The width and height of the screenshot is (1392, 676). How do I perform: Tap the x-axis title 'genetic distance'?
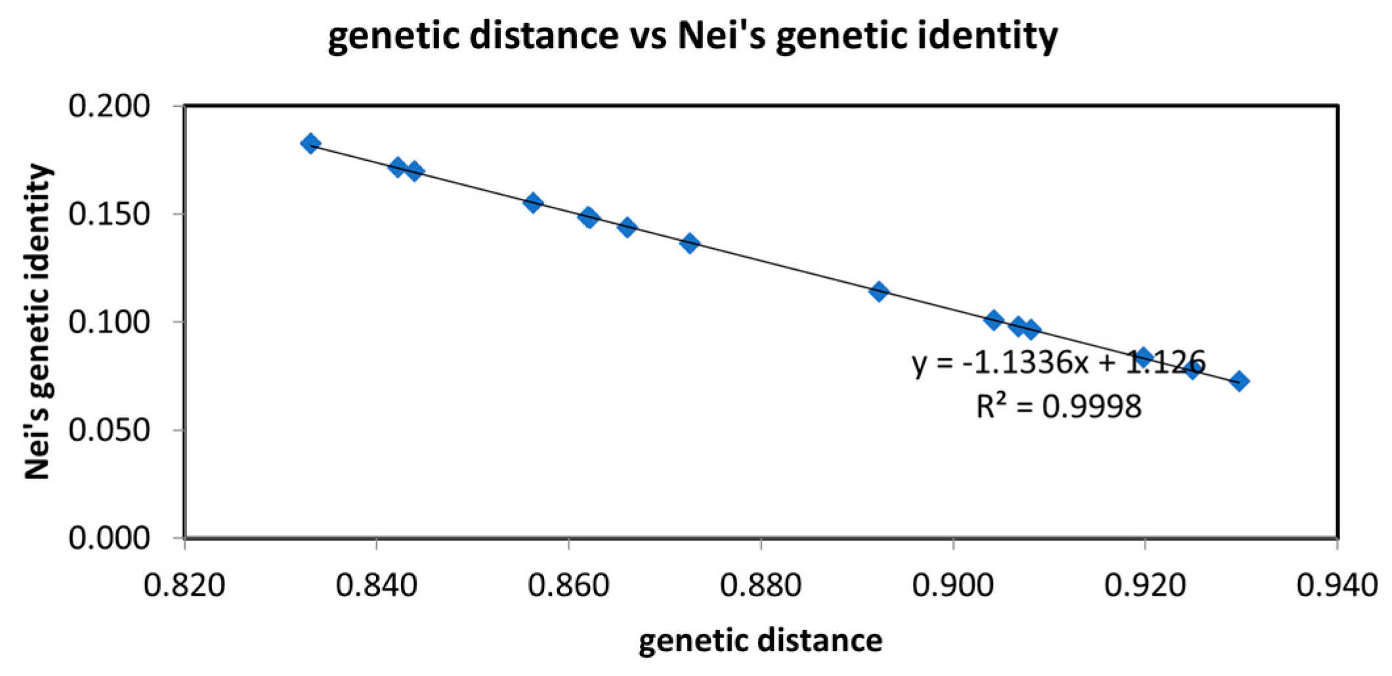tap(760, 640)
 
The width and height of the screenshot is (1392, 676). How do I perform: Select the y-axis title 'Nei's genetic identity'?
tap(37, 322)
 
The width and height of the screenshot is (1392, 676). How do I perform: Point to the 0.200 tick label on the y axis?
tap(110, 106)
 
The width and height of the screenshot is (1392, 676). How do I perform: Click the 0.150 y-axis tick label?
tap(110, 214)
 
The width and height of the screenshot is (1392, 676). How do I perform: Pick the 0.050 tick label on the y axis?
tap(110, 430)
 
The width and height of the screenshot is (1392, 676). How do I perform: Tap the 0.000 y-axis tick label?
tap(110, 538)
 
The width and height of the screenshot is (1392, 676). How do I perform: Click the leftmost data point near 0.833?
tap(310, 143)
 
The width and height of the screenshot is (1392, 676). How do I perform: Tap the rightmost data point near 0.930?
tap(1239, 381)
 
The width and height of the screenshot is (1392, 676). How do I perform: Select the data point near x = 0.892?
tap(879, 291)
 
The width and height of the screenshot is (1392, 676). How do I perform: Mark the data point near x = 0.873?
tap(689, 243)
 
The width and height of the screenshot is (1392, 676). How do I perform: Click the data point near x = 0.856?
tap(533, 202)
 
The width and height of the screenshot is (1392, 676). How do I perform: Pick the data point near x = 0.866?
tap(627, 227)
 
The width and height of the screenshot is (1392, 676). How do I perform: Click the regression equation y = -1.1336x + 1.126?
tap(1058, 362)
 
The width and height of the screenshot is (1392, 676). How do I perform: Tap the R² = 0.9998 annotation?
tap(1058, 407)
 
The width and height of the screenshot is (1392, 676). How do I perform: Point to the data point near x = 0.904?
tap(994, 320)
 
